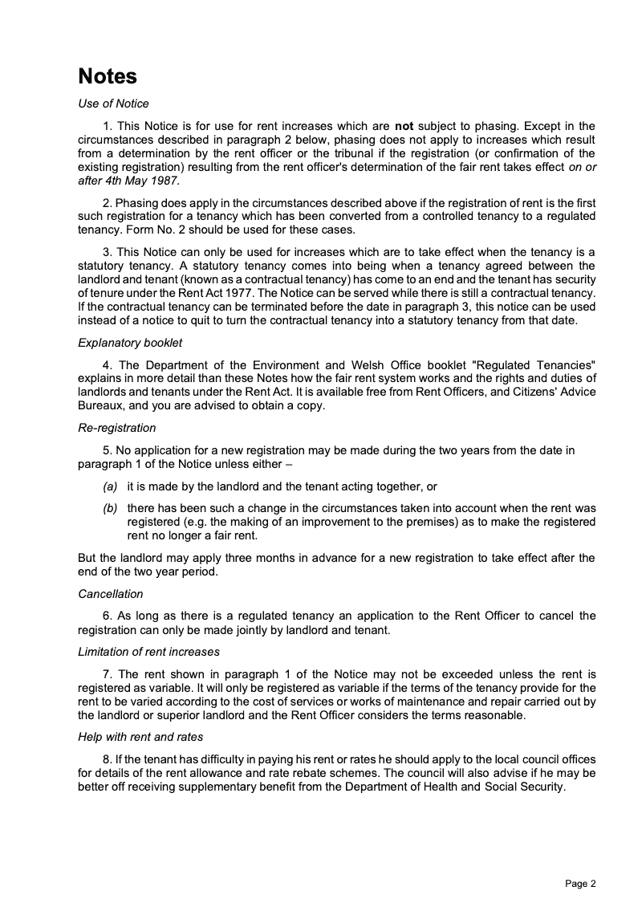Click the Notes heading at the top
click(108, 76)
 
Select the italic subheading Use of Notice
click(113, 104)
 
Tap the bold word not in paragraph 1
click(404, 126)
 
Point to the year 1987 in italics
click(165, 181)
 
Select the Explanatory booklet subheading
click(130, 343)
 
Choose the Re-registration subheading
click(117, 428)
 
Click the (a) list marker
click(109, 486)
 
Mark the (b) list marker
click(109, 509)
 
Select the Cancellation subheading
click(111, 594)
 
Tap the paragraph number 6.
click(107, 616)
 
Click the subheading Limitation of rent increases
click(148, 652)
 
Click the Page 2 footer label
click(580, 884)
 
